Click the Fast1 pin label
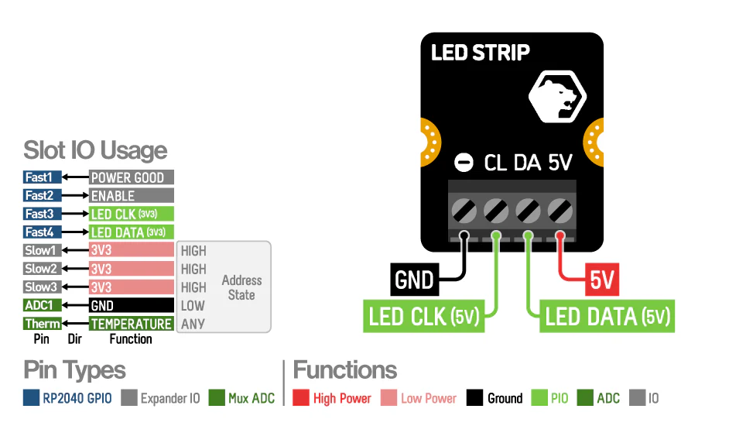pyautogui.click(x=43, y=177)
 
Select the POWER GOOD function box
pyautogui.click(x=131, y=177)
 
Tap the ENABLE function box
pyautogui.click(x=131, y=196)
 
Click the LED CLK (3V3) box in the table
pyautogui.click(x=131, y=214)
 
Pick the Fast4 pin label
pyautogui.click(x=43, y=232)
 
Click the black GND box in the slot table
pyautogui.click(x=131, y=305)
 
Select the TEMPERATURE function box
pyautogui.click(x=131, y=324)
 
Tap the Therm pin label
pyautogui.click(x=43, y=324)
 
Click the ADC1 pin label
pyautogui.click(x=43, y=305)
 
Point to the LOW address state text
pyautogui.click(x=193, y=305)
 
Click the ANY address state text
pyautogui.click(x=193, y=324)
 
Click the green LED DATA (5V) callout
pyautogui.click(x=607, y=317)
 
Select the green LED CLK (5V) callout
pyautogui.click(x=425, y=317)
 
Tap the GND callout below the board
pyautogui.click(x=413, y=280)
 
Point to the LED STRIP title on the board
pyautogui.click(x=480, y=53)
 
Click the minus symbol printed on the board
pyautogui.click(x=464, y=163)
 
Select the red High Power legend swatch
pyautogui.click(x=301, y=398)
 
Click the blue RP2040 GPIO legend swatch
pyautogui.click(x=31, y=398)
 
